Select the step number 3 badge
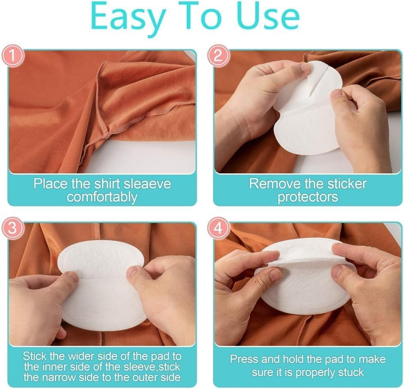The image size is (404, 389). pyautogui.click(x=13, y=229)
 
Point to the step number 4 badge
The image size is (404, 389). pyautogui.click(x=218, y=229)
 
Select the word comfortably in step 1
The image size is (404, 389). pyautogui.click(x=102, y=197)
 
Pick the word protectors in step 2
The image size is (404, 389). pyautogui.click(x=308, y=197)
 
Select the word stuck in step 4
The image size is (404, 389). pyautogui.click(x=350, y=371)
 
